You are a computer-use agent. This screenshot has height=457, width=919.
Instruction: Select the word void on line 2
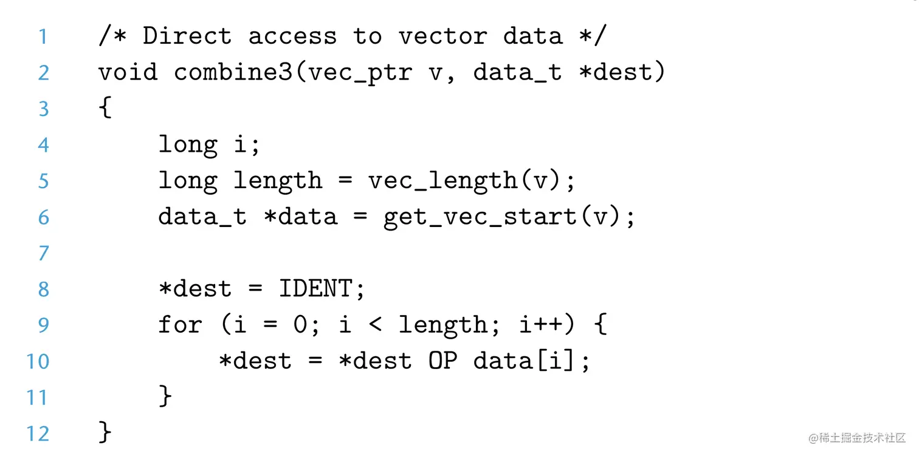[128, 73]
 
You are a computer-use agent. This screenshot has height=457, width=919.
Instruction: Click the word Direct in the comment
[187, 36]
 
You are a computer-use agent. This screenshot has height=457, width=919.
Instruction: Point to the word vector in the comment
[442, 36]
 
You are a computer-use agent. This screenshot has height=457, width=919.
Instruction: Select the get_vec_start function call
[480, 217]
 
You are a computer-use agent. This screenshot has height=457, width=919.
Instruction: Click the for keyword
[180, 325]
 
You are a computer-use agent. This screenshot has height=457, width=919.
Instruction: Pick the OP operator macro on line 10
[442, 361]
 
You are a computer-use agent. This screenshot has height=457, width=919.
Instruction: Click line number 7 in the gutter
[43, 253]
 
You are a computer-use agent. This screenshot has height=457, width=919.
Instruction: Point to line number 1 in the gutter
[43, 36]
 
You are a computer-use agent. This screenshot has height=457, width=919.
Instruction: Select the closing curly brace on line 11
[165, 397]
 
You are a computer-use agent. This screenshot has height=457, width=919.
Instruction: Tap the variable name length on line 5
[277, 181]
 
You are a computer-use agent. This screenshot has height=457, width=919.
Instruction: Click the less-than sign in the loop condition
[375, 325]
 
